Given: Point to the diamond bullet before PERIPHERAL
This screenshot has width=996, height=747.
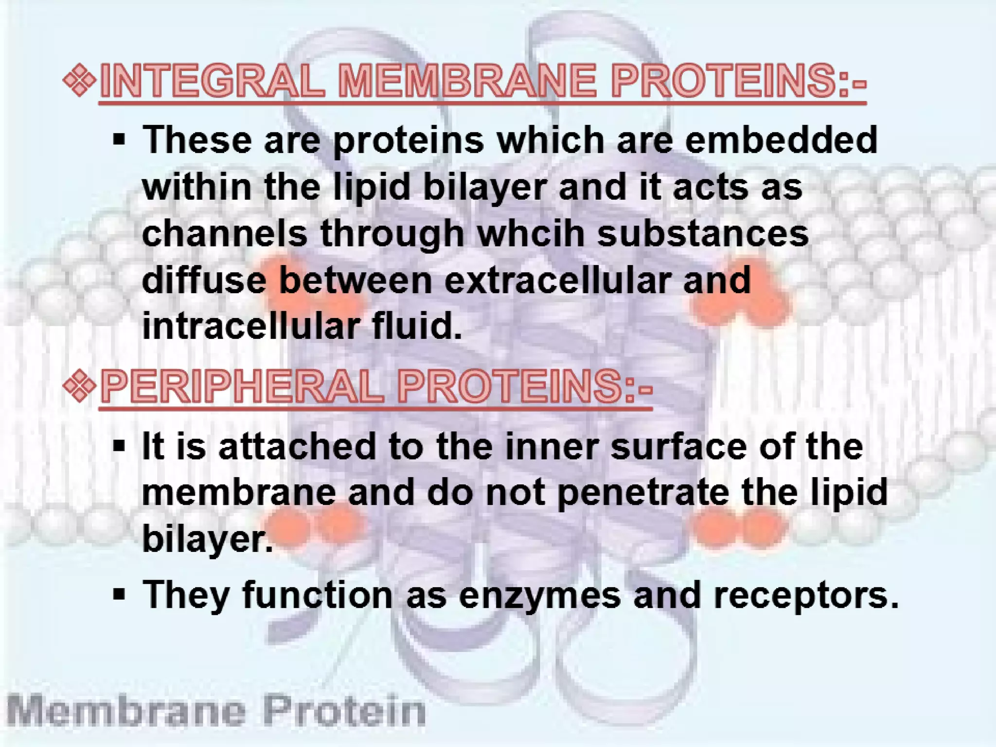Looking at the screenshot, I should pyautogui.click(x=79, y=387).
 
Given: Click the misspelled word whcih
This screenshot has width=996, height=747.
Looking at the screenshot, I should pyautogui.click(x=531, y=233).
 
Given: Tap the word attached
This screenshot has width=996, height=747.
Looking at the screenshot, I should pyautogui.click(x=297, y=446).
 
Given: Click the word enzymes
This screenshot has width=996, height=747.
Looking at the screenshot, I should pyautogui.click(x=539, y=595).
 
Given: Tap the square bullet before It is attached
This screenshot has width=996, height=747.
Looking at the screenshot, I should pyautogui.click(x=119, y=446).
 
